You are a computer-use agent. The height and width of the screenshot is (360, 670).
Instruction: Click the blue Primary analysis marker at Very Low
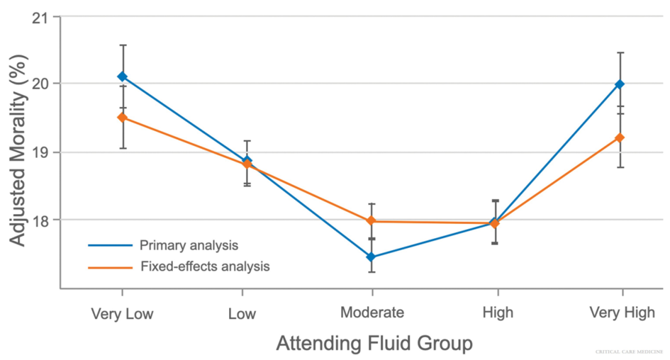123,77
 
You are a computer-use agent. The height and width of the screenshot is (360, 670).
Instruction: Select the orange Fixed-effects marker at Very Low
123,118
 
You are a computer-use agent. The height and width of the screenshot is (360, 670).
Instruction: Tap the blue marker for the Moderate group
371,257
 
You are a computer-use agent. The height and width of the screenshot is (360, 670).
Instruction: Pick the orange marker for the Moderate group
371,221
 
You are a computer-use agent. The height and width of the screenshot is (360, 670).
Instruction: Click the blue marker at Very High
620,84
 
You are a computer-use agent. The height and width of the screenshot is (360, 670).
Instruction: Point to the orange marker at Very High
620,137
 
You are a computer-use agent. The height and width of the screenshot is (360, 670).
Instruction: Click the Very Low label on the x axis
122,313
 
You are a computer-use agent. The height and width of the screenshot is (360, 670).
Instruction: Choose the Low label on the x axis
242,313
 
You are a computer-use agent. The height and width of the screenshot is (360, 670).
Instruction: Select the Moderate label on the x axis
372,313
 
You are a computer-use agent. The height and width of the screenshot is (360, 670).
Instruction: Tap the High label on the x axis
497,313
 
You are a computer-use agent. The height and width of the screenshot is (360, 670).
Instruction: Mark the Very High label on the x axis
622,313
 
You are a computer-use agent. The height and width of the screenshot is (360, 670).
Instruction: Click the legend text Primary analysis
189,246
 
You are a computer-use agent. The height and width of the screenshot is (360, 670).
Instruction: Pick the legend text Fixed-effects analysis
204,267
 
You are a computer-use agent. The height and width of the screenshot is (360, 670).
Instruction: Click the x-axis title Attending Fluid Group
374,344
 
